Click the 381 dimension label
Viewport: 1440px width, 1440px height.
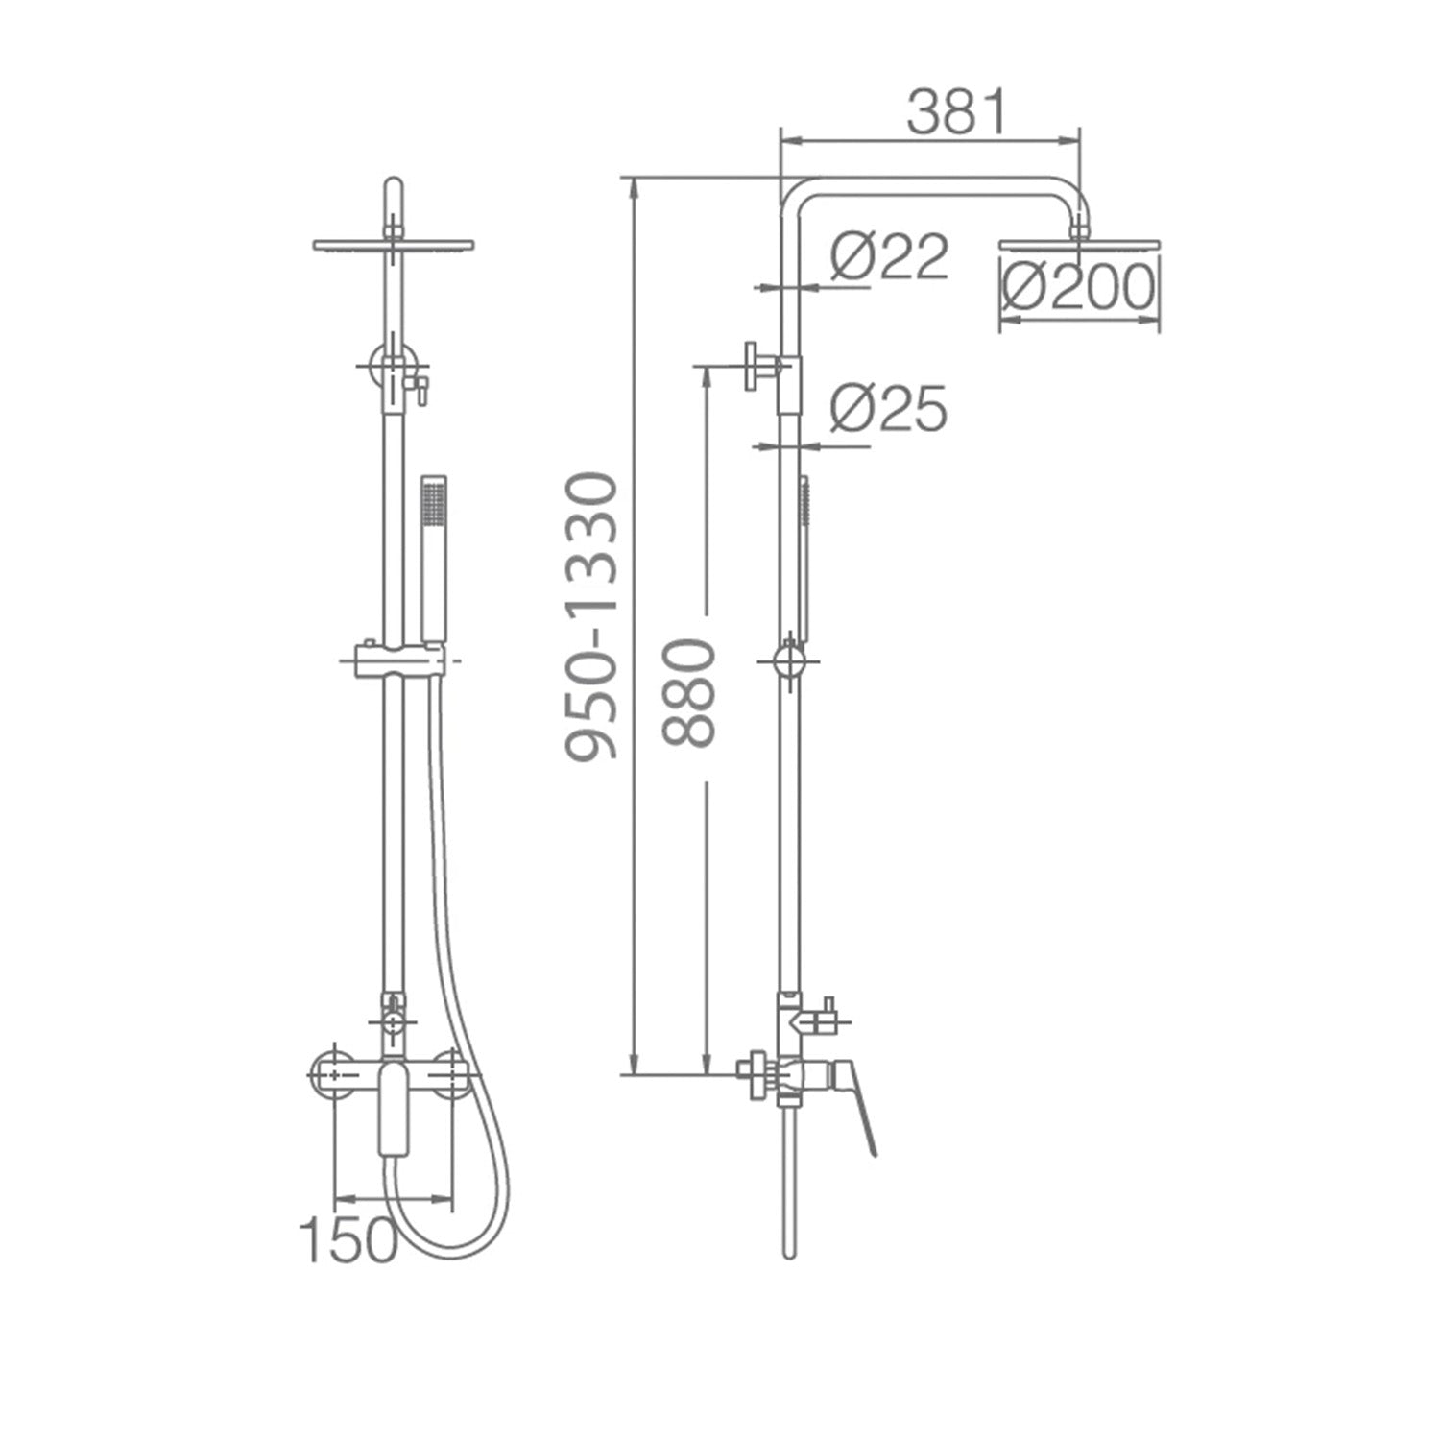pos(957,113)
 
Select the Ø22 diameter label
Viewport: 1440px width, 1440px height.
pos(889,257)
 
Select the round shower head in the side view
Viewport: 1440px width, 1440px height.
pos(1080,246)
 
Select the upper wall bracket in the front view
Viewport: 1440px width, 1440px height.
pos(394,365)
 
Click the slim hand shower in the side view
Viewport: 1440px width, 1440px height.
pos(804,557)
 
